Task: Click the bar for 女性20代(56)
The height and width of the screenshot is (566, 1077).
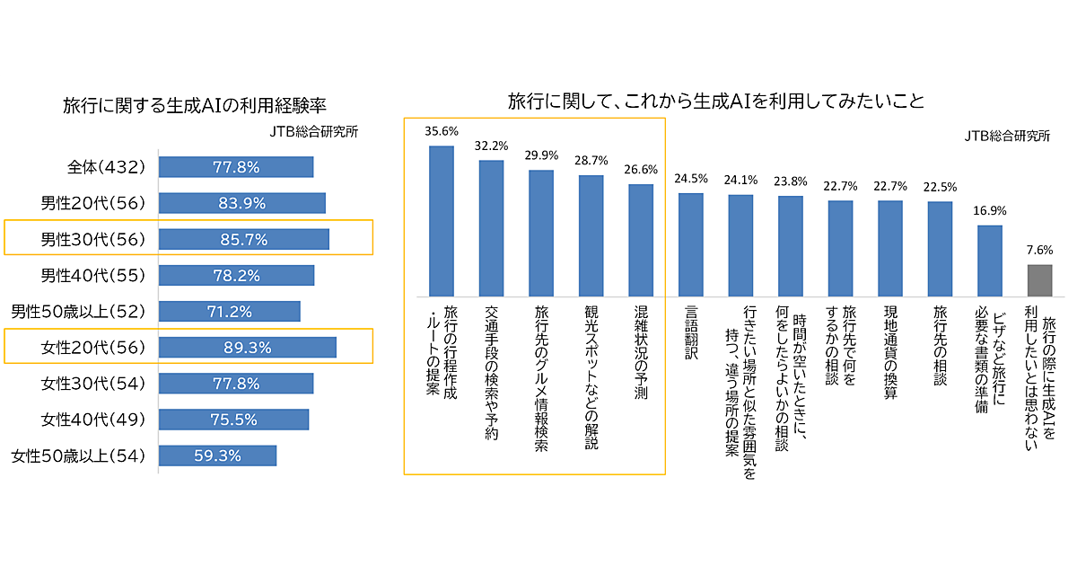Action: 247,348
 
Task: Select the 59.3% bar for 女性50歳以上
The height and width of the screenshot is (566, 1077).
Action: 217,455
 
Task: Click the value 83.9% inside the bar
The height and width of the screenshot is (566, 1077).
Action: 241,203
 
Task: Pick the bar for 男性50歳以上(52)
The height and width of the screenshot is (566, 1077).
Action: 229,312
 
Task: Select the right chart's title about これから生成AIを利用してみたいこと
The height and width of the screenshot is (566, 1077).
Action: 715,100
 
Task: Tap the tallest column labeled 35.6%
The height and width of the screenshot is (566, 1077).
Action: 441,221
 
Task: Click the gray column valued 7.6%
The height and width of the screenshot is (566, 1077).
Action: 1039,280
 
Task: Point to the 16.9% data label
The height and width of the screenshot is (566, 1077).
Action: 989,212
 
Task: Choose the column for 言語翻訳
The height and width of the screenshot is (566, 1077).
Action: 690,244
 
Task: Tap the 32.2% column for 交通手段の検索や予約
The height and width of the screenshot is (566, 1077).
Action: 491,228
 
